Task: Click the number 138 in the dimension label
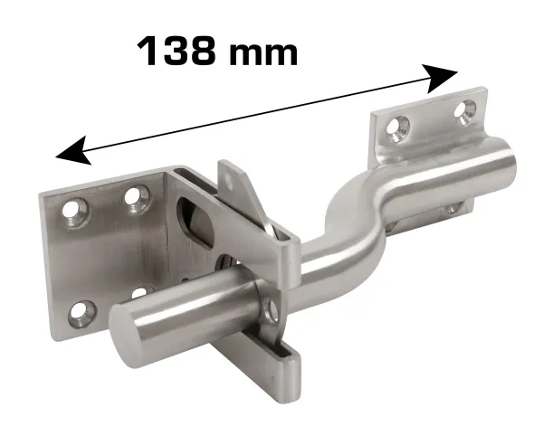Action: coord(175,51)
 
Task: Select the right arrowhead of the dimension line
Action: coord(442,78)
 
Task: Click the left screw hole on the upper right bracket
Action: coord(397,128)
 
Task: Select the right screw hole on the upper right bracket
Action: coord(465,110)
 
